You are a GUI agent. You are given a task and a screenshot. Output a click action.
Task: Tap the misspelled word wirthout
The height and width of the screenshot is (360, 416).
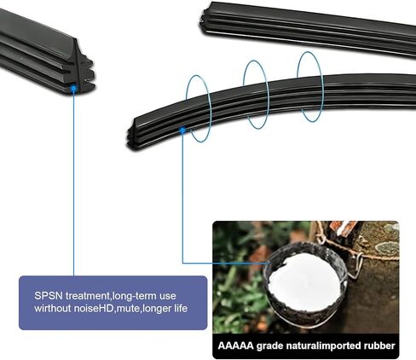(53, 308)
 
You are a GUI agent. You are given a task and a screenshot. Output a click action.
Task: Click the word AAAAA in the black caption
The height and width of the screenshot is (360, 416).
(235, 345)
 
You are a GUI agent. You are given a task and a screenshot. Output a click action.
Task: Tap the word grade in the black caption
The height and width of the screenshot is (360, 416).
(269, 346)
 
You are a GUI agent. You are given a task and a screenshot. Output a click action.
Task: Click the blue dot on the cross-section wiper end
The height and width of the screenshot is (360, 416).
(73, 89)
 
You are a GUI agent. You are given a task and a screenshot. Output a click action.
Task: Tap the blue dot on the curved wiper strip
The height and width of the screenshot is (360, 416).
(182, 131)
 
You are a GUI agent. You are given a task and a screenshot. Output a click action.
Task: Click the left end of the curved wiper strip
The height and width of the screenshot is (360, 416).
(131, 136)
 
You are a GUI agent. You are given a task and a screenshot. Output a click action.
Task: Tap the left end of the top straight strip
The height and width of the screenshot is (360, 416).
(204, 20)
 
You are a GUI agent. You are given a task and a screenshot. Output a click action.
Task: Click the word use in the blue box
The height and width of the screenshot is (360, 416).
(168, 296)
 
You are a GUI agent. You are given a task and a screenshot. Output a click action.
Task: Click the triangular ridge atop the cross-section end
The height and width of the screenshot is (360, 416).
(76, 49)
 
